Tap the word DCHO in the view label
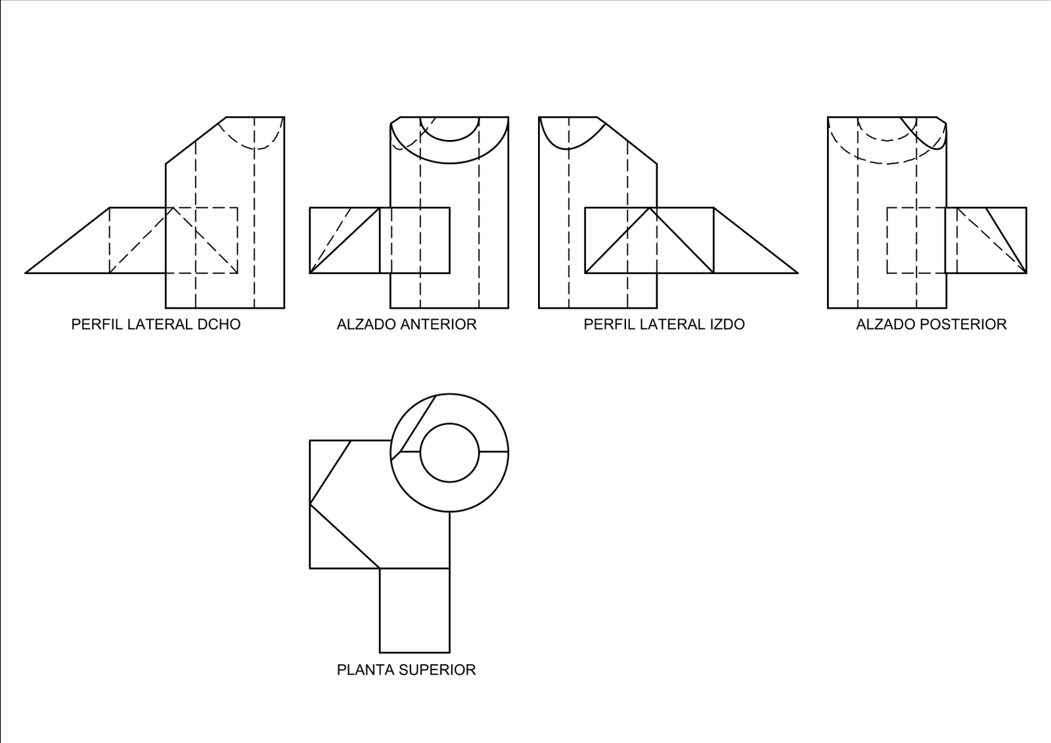(x=219, y=325)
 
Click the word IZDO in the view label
(x=727, y=325)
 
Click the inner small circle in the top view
(x=449, y=424)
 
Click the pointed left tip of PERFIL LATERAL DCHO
(x=26, y=273)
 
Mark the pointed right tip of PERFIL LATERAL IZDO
(x=798, y=273)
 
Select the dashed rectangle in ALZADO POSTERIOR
(x=887, y=240)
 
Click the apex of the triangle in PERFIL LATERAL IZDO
(x=650, y=208)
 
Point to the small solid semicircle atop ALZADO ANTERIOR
(x=449, y=141)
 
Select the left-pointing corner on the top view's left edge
(x=310, y=504)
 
